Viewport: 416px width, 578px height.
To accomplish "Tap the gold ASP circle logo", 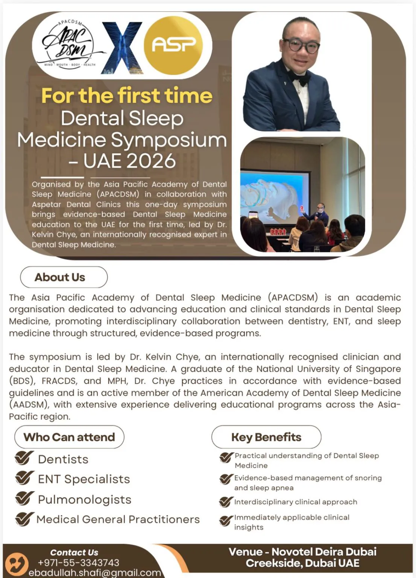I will tap(173, 45).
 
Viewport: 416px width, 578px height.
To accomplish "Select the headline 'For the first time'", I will tap(127, 96).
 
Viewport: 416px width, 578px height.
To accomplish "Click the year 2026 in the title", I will tap(149, 161).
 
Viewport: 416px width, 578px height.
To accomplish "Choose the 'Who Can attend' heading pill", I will tap(69, 437).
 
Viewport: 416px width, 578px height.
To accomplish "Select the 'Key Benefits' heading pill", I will tap(266, 437).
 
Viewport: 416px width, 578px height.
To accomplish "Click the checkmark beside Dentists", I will tap(24, 458).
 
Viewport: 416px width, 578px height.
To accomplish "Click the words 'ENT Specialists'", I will tap(84, 479).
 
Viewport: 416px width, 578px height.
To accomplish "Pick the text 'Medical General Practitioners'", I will tap(118, 519).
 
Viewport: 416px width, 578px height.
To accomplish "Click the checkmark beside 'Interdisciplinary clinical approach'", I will tap(226, 502).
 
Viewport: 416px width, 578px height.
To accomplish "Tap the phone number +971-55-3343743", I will tap(78, 563).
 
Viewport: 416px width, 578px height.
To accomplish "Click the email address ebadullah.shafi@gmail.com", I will tap(95, 572).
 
